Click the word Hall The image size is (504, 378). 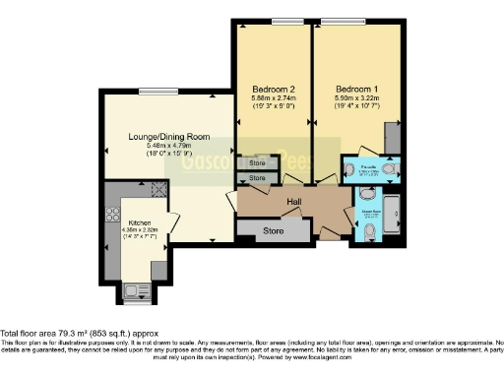point(293,202)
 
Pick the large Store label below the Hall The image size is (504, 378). point(273,229)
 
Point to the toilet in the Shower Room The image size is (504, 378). point(367,231)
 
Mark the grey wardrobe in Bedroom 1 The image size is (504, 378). point(393,139)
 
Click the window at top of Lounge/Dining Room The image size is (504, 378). point(153,92)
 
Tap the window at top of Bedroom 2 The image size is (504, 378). point(287,21)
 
